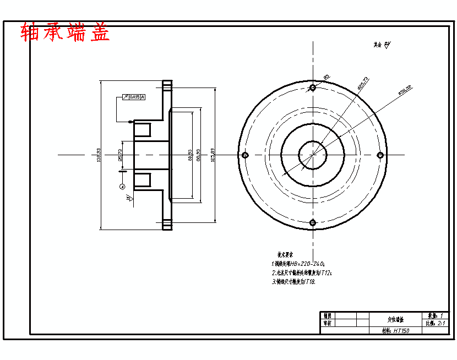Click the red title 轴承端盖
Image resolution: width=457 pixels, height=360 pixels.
point(65,32)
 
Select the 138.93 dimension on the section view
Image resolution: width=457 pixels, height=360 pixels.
point(98,155)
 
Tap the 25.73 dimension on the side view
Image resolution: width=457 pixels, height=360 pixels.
point(120,155)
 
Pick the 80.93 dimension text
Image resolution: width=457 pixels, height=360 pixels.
point(189,155)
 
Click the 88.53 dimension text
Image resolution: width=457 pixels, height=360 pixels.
point(198,155)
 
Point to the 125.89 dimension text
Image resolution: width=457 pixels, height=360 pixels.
point(212,155)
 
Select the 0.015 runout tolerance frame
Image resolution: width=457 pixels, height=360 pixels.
point(133,97)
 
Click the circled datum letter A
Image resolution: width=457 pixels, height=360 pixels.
point(122,187)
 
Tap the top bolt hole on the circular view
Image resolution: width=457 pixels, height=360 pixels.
point(313,88)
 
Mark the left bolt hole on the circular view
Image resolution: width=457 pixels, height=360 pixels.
point(246,155)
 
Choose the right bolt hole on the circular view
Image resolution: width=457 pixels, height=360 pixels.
point(380,155)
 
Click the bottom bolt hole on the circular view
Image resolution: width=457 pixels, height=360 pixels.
point(313,222)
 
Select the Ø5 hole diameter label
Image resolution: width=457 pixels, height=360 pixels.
point(327,77)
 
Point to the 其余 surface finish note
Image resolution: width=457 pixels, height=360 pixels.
point(381,45)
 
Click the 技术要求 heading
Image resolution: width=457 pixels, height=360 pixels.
point(284,255)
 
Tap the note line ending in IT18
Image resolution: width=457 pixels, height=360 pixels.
point(294,281)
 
